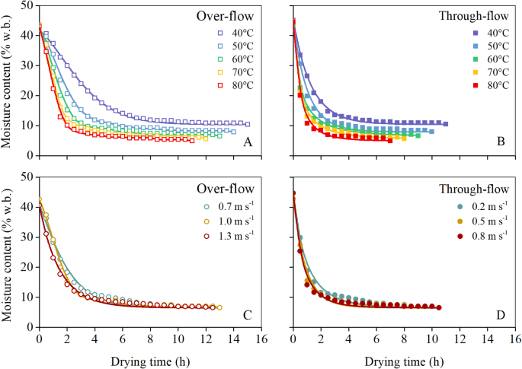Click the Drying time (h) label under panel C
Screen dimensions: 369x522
(x=149, y=358)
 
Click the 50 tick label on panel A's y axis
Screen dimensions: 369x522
(x=27, y=5)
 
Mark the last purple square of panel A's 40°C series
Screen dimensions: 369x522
(x=247, y=124)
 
